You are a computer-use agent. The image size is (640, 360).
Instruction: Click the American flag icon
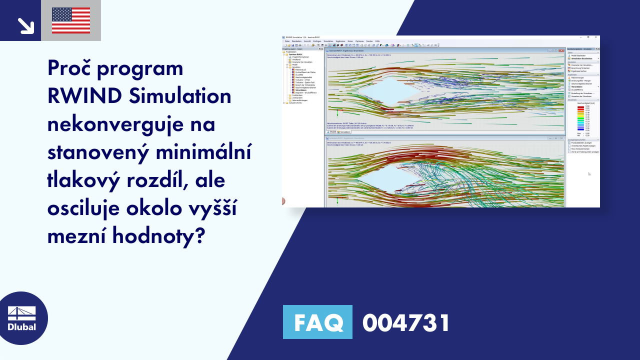tap(71, 20)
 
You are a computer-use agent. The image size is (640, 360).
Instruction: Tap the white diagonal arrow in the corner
tap(25, 25)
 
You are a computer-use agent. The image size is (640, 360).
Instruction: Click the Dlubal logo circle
tap(22, 318)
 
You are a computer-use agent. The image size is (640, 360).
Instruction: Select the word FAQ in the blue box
tap(317, 322)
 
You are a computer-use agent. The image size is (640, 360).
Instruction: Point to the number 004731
tap(406, 322)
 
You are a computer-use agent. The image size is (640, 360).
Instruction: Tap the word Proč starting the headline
tap(70, 68)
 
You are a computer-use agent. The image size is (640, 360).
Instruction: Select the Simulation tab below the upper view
tap(344, 132)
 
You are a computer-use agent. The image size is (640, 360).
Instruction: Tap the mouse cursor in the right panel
tap(589, 174)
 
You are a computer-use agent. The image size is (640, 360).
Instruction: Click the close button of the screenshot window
tap(595, 37)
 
